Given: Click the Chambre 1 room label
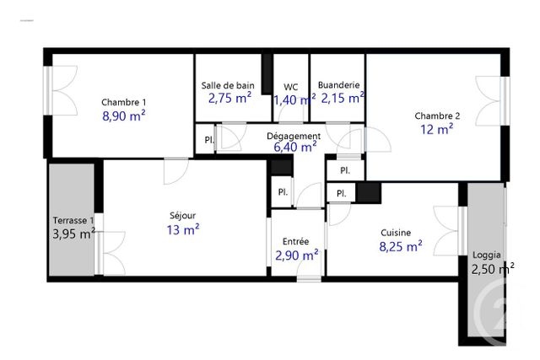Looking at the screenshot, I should click(124, 102).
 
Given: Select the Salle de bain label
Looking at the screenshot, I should click(228, 85).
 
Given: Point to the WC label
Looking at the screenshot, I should click(290, 86).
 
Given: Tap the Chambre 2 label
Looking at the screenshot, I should click(437, 116).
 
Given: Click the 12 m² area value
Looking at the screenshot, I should click(437, 129).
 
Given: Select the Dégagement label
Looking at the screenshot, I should click(294, 136).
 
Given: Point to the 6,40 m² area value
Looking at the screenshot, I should click(294, 147).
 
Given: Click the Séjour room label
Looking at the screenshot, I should click(183, 215).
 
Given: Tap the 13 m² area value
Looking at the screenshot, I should click(183, 228).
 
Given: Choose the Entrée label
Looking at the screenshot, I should click(296, 241).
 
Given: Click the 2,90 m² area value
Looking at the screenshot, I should click(297, 254).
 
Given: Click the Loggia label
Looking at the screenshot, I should click(486, 254).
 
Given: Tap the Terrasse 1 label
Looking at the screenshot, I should click(73, 220).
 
